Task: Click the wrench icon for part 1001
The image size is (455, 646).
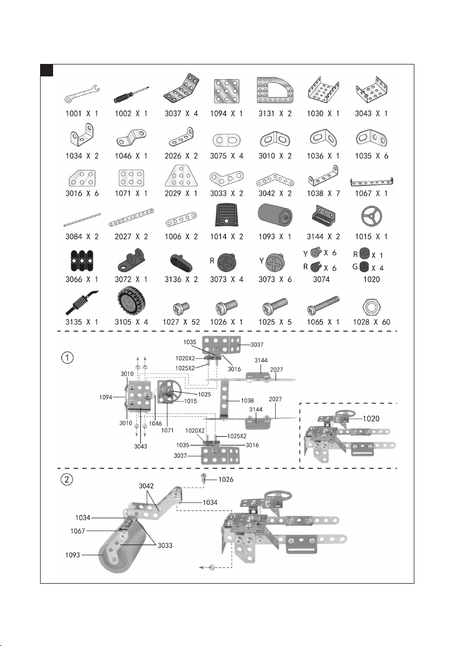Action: click(x=82, y=94)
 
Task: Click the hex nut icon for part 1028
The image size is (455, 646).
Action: click(x=372, y=307)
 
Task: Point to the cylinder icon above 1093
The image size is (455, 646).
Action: click(x=275, y=216)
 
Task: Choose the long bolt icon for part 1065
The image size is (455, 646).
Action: click(x=323, y=305)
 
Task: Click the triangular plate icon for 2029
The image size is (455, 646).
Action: click(x=181, y=176)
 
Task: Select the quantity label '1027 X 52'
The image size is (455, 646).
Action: click(x=181, y=322)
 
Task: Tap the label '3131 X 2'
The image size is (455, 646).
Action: click(x=275, y=113)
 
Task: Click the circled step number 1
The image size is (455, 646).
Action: click(x=67, y=357)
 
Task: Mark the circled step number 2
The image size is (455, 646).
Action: click(x=67, y=480)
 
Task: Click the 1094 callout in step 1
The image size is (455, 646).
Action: click(x=106, y=397)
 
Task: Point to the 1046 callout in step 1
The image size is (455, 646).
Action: click(x=155, y=423)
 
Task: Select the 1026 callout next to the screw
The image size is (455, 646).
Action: click(x=226, y=480)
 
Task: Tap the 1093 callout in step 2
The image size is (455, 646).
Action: click(x=73, y=555)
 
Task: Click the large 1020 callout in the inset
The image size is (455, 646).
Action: click(x=371, y=418)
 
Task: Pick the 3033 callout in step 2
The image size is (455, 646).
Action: click(x=165, y=546)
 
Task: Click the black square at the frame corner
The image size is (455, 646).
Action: click(x=47, y=70)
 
